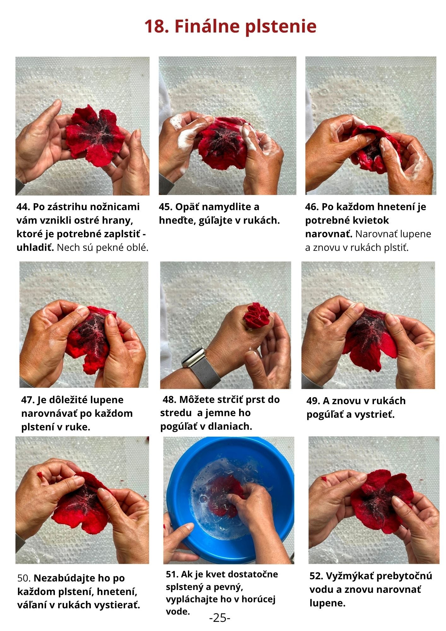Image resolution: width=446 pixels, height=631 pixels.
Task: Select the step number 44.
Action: tap(23, 207)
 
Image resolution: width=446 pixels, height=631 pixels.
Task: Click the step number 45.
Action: tap(166, 207)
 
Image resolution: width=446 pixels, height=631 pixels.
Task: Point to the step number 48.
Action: tap(169, 400)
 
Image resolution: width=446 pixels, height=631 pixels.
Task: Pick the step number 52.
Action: tap(316, 576)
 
